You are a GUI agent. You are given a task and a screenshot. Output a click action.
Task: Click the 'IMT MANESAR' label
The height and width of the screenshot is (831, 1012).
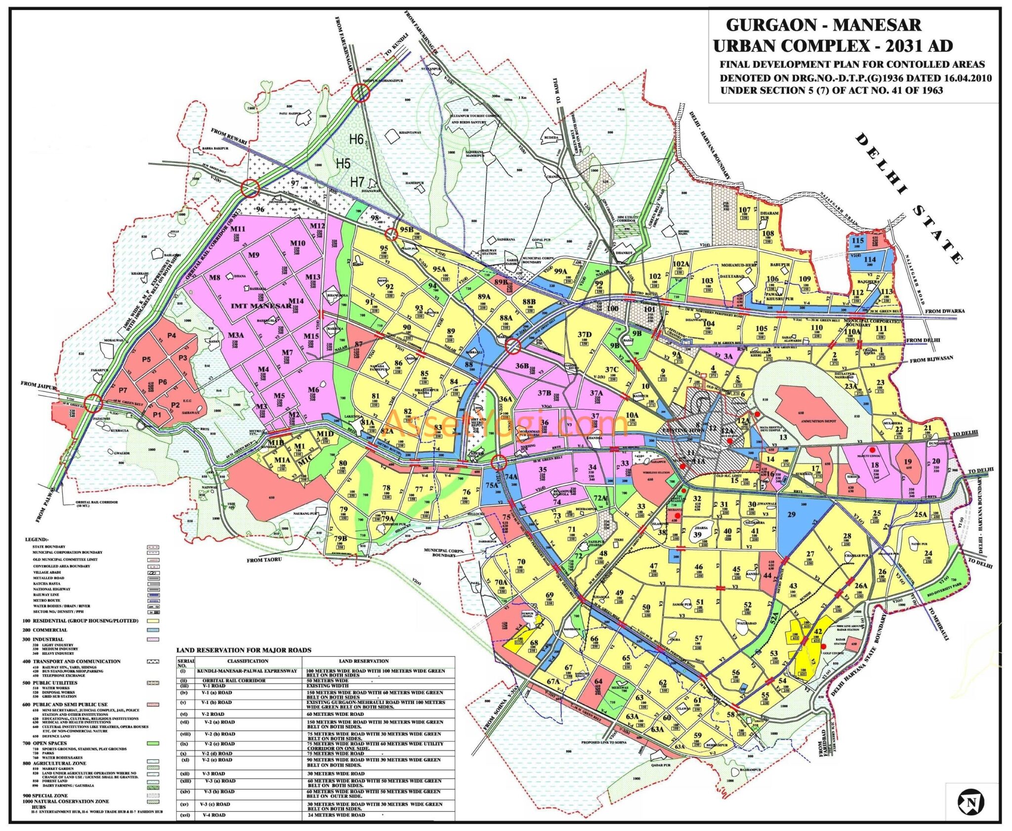[x=261, y=306]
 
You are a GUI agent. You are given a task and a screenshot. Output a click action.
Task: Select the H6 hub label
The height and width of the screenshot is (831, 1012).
[x=356, y=139]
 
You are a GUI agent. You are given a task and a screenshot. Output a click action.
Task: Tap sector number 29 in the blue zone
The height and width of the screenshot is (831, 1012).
[x=791, y=514]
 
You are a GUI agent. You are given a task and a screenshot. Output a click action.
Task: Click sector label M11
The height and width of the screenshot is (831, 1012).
[x=238, y=229]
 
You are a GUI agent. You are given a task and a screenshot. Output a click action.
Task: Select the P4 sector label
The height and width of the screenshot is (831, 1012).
[x=171, y=335]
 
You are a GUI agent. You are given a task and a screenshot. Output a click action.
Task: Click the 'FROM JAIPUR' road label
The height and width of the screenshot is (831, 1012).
[x=38, y=384]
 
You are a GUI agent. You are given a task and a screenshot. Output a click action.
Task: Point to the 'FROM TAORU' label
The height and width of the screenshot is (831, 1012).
[x=264, y=560]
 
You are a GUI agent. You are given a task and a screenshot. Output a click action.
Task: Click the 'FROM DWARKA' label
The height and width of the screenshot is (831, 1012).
[x=944, y=311]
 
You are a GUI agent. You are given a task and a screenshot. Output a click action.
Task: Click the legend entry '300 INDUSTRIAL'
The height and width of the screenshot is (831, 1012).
[x=43, y=639]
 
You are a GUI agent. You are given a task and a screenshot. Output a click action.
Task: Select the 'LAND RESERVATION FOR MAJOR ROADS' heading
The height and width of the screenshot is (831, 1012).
[x=244, y=650]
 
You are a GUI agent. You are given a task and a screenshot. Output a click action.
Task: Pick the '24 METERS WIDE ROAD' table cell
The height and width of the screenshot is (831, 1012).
[x=336, y=815]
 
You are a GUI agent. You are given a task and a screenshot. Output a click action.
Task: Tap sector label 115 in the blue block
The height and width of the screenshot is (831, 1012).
[x=857, y=241]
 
